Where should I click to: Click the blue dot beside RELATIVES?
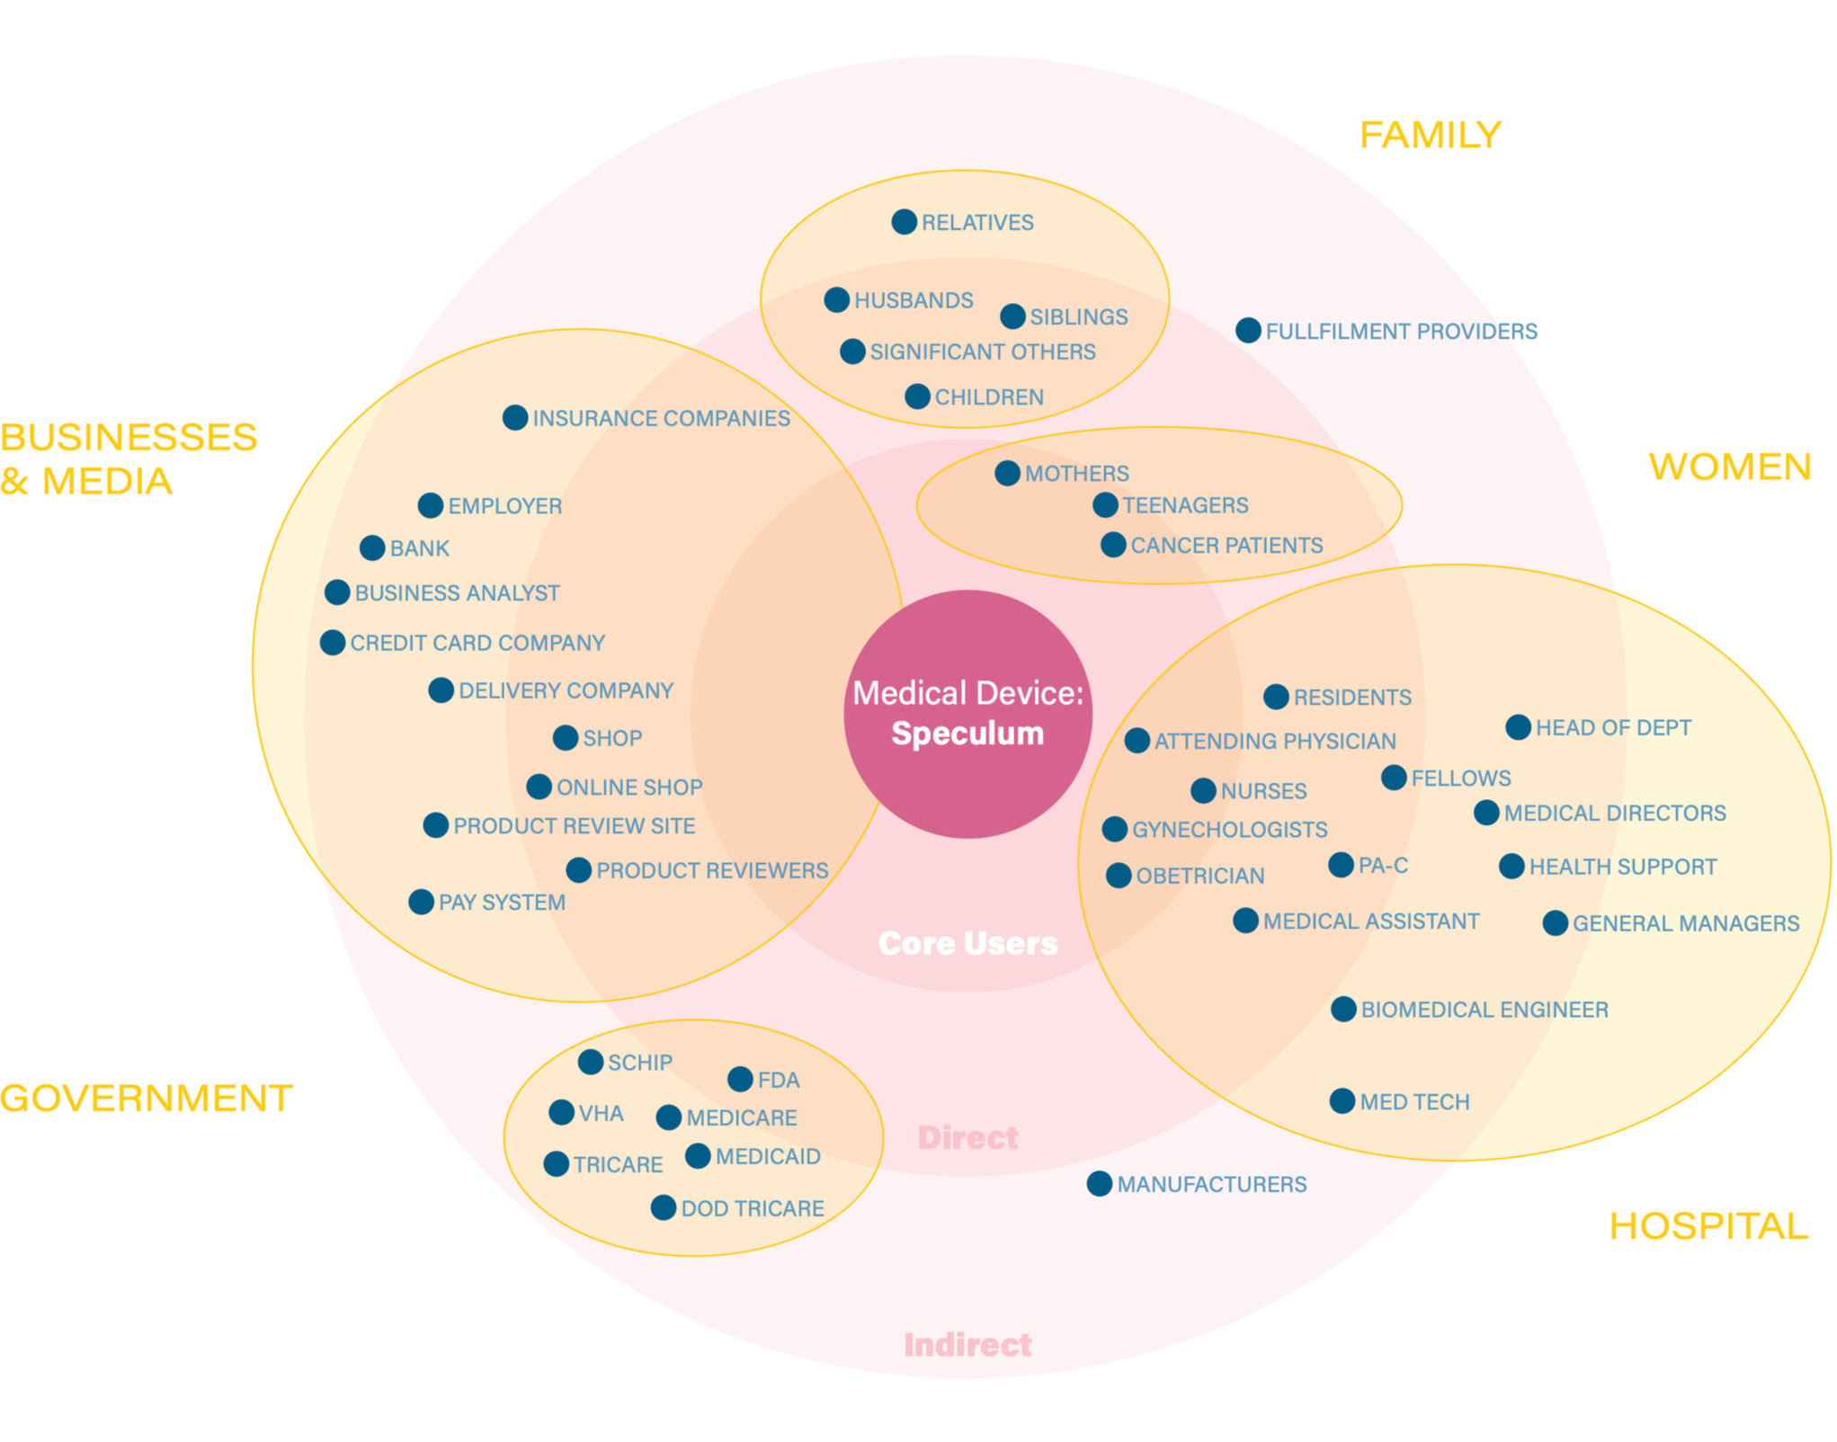coord(905,222)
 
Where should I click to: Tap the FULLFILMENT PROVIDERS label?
coord(1402,332)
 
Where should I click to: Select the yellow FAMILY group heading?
coord(1431,135)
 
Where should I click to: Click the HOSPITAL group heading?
coord(1708,1226)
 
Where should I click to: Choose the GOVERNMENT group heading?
coord(147,1099)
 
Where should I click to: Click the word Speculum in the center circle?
coord(968,734)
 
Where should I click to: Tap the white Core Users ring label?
coord(968,943)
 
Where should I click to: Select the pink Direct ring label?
coord(968,1138)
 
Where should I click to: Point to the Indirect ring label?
coord(968,1345)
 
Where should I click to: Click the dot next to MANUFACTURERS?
coord(1100,1184)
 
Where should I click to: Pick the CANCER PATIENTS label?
coord(1226,546)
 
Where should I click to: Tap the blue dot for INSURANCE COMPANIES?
coord(515,417)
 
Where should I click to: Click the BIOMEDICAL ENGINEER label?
coord(1485,1010)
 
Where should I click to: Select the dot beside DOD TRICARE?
coord(664,1207)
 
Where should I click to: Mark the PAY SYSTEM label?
coord(502,903)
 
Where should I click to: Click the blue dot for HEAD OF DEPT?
coord(1519,727)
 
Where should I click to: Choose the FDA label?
coord(779,1081)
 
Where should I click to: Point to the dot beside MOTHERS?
coord(1008,473)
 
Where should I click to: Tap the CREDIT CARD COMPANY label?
coord(477,644)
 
